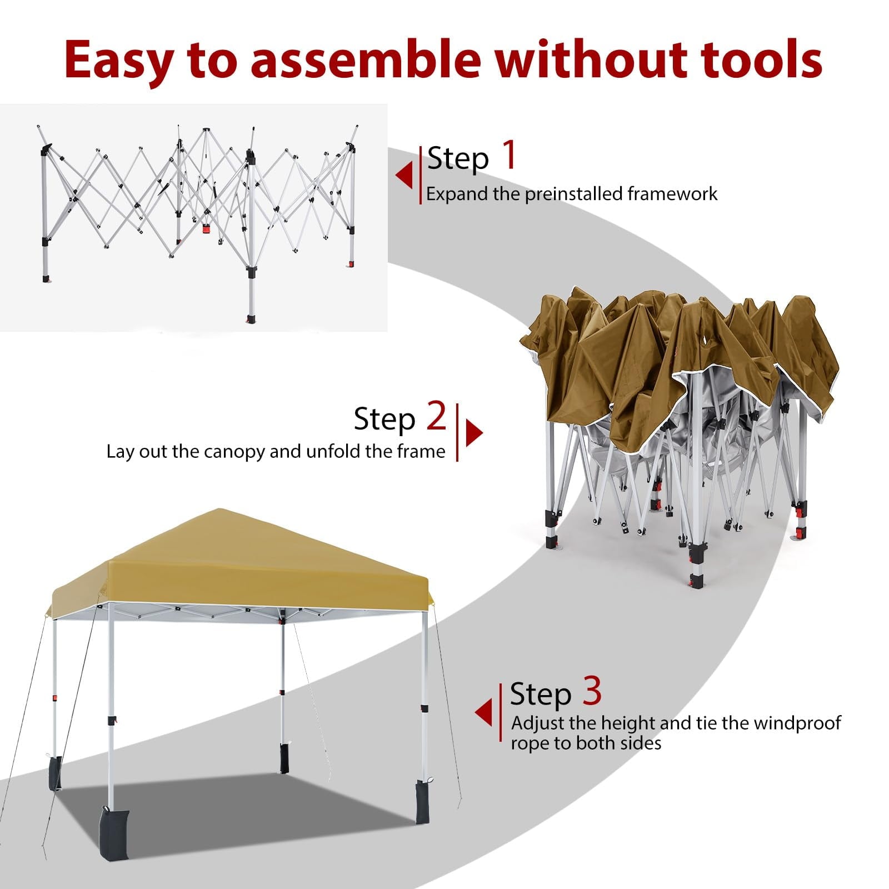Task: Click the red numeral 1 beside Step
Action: pos(510,155)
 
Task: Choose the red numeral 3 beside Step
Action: pos(592,691)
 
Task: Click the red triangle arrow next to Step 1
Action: pos(404,175)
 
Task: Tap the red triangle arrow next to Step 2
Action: pos(474,432)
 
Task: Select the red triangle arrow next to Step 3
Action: pos(483,712)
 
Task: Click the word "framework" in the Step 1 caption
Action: pos(672,194)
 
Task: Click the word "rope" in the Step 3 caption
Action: pos(530,744)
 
